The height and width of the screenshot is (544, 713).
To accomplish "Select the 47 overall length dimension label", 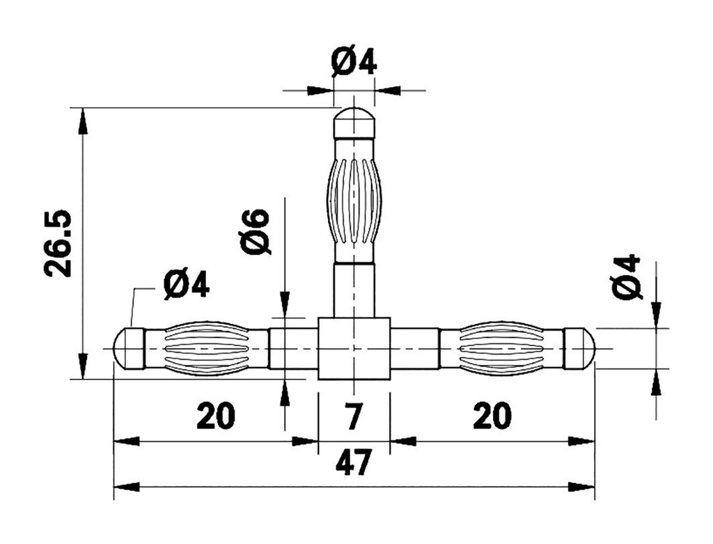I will click(354, 463).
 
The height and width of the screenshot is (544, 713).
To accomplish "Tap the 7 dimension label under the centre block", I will click(354, 416).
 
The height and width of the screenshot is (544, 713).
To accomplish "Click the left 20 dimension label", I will click(216, 416).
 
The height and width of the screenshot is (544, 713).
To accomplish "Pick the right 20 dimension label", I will click(492, 416).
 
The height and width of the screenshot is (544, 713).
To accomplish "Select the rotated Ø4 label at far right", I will click(626, 277).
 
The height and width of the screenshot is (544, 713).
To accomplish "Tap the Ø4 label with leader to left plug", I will click(186, 286).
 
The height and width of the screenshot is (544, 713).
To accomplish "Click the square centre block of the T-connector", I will click(354, 348).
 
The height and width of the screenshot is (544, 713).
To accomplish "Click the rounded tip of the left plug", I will click(128, 348).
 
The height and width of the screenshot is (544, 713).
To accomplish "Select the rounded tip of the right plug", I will click(580, 348).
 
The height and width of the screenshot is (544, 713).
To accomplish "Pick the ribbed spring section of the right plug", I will click(501, 348).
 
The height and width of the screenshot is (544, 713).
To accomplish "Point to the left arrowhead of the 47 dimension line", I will click(126, 486).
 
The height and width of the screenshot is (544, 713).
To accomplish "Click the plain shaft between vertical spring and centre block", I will click(354, 289).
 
